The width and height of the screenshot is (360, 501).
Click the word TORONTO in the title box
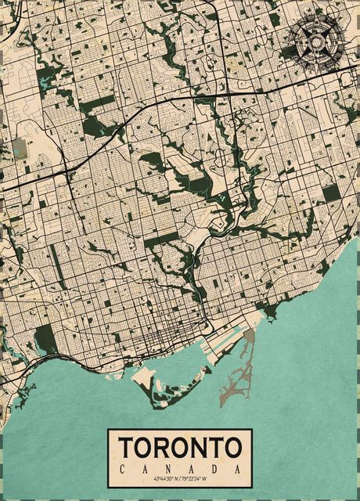coord(180,448)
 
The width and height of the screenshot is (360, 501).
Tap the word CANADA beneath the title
coord(180,468)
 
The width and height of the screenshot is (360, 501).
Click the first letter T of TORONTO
coord(128,448)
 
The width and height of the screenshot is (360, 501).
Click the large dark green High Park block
coord(45,339)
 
